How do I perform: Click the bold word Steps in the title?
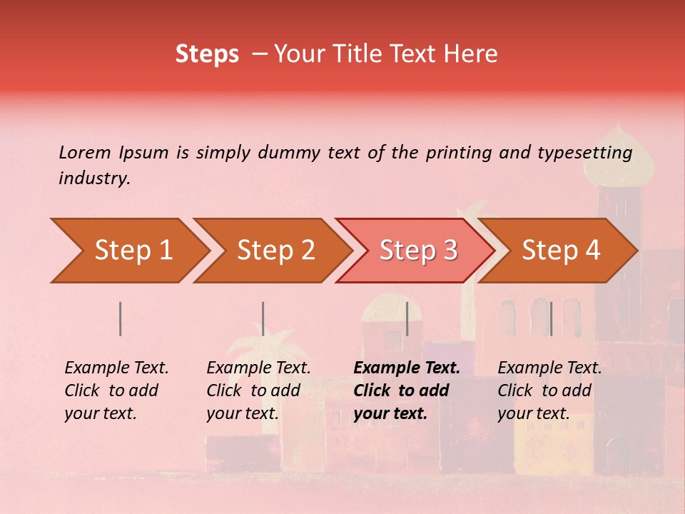coord(207,54)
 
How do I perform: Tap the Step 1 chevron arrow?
coord(133,251)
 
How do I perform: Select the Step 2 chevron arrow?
coord(275,251)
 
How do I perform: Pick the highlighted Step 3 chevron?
coord(417,251)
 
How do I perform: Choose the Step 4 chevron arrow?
coord(561,251)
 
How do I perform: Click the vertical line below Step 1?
coord(121,318)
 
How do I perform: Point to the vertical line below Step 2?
coord(263,318)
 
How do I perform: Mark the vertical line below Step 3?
coord(407,318)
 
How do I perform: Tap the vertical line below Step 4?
coord(551,318)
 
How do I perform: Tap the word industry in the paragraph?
coord(93,178)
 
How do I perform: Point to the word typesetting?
coord(584,153)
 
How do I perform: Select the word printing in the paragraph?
coord(458,153)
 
